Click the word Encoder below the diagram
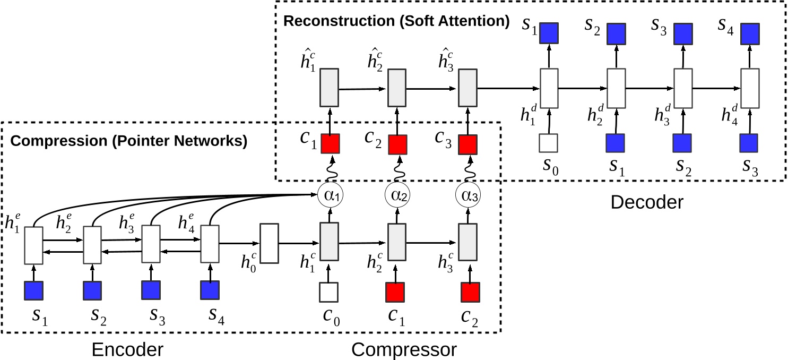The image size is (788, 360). pyautogui.click(x=127, y=350)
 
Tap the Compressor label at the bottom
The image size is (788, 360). pyautogui.click(x=404, y=350)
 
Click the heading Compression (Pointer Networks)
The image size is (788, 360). pyautogui.click(x=129, y=142)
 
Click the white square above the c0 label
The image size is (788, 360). pyautogui.click(x=328, y=292)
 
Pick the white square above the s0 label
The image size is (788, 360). pyautogui.click(x=549, y=143)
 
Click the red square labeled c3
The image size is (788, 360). pyautogui.click(x=467, y=144)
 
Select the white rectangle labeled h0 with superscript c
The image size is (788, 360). pyautogui.click(x=269, y=244)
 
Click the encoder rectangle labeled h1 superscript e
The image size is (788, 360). pyautogui.click(x=33, y=244)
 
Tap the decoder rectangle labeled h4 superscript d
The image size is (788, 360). pyautogui.click(x=749, y=88)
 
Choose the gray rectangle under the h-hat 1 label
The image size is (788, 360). pyautogui.click(x=329, y=88)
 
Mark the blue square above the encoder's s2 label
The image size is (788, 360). pyautogui.click(x=92, y=291)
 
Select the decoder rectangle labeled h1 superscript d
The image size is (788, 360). pyautogui.click(x=549, y=88)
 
